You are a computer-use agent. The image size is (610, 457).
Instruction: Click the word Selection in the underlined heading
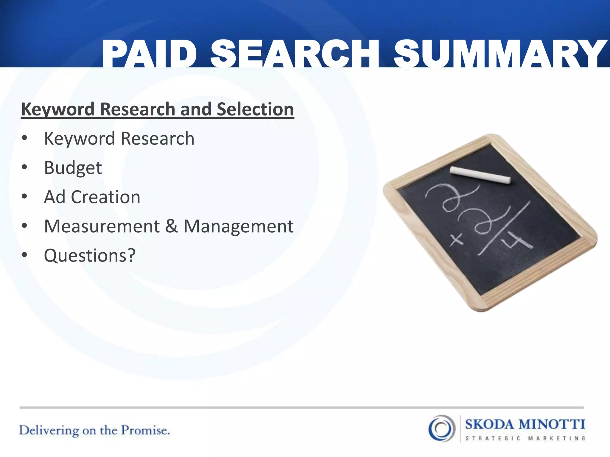(255, 109)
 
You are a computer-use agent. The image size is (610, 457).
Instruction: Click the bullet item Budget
(73, 168)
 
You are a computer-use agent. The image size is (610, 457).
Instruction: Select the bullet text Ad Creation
(92, 197)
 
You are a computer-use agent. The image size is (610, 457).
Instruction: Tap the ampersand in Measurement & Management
(172, 226)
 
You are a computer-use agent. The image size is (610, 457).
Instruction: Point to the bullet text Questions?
(90, 255)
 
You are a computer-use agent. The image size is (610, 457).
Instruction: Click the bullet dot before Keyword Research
(24, 138)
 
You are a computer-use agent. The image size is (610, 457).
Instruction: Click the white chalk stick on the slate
(480, 175)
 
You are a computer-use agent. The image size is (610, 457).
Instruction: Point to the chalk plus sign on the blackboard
(456, 240)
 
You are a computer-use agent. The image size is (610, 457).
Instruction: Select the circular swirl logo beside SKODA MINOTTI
(442, 428)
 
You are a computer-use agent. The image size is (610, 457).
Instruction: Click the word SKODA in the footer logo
(490, 425)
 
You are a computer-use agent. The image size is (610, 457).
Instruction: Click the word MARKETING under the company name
(557, 438)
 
